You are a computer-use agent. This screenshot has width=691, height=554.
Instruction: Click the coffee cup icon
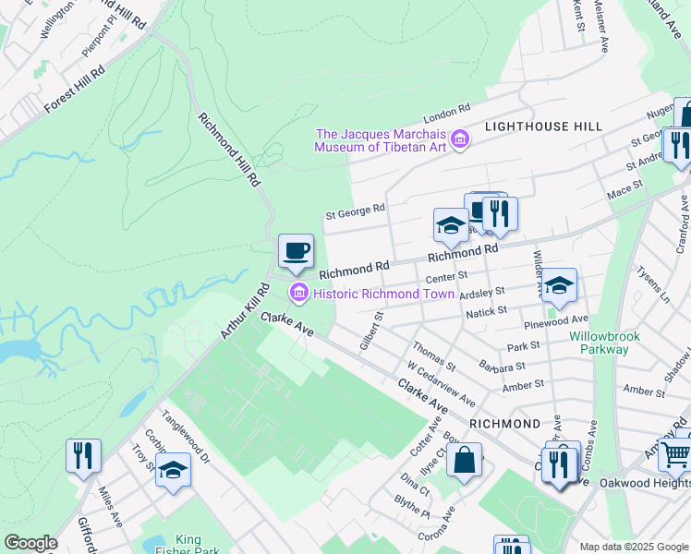tap(296, 250)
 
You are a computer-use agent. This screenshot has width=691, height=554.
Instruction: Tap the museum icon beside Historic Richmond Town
tap(298, 295)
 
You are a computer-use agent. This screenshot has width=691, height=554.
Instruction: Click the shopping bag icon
tap(464, 458)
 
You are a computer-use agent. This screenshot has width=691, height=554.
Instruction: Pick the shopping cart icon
tap(675, 453)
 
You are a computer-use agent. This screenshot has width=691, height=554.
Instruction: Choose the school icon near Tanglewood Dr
tap(173, 470)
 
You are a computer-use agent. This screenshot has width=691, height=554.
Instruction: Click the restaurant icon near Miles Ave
tap(83, 455)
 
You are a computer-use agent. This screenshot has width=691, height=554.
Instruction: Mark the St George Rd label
tap(355, 212)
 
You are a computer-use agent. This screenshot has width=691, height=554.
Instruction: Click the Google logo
tap(30, 543)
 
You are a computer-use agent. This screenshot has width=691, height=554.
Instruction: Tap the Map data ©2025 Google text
tap(633, 547)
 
